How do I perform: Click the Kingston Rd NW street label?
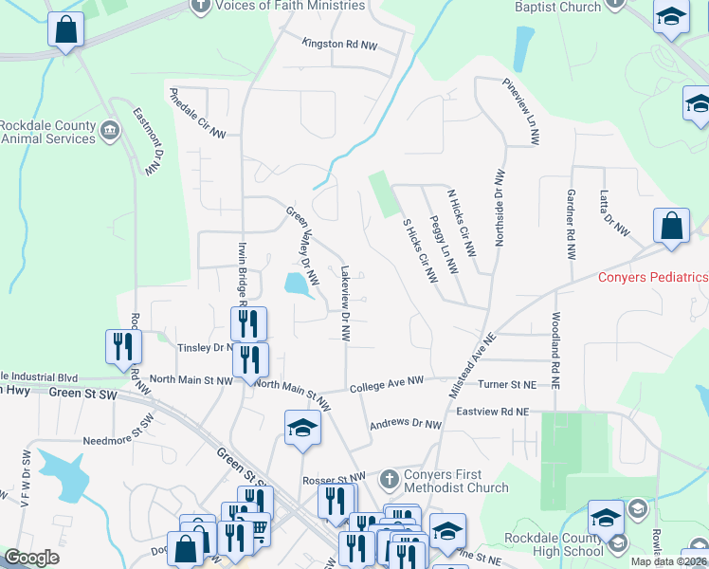coord(338,44)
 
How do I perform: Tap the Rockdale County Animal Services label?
coord(47,132)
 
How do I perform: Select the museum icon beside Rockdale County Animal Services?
coord(111,130)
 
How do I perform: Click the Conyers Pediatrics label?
coord(653,277)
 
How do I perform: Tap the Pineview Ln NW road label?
coord(521,111)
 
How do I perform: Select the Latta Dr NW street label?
coord(613,212)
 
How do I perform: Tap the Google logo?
coord(32,558)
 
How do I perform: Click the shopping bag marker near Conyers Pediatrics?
coord(671,227)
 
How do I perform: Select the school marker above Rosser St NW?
coord(302,428)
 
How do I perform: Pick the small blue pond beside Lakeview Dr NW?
coord(297,283)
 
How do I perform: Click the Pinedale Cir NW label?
coord(198,116)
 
